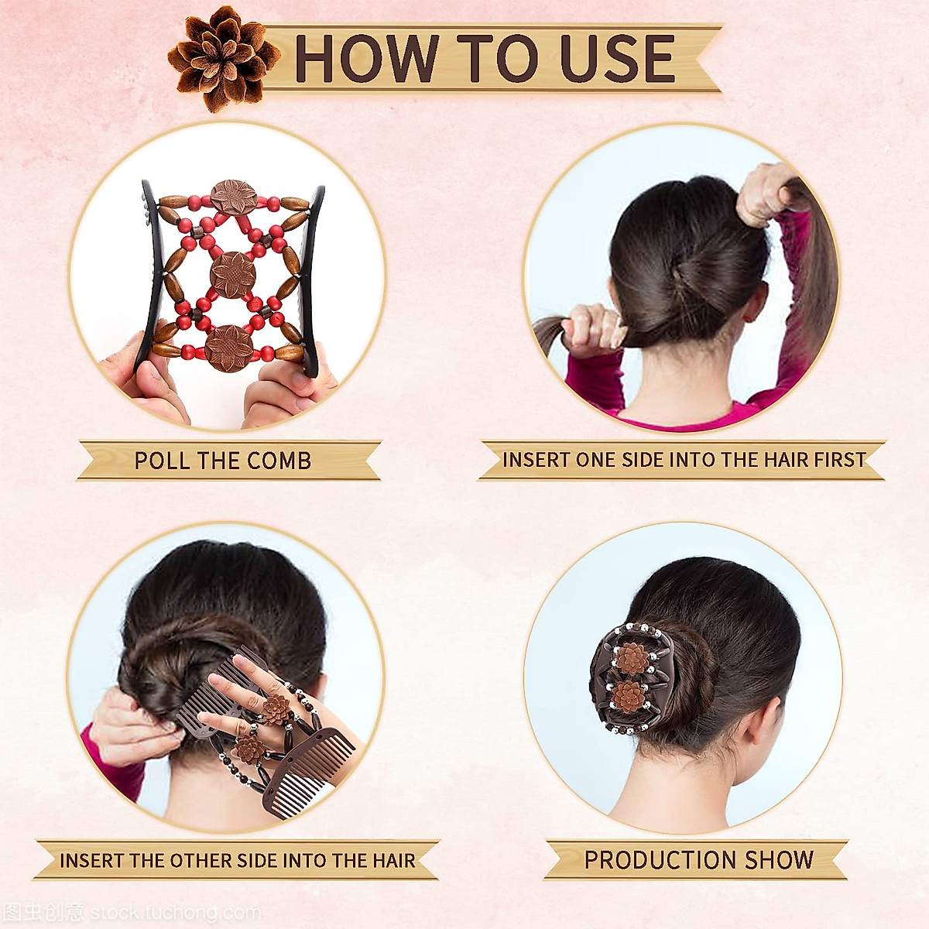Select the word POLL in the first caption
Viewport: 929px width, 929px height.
pyautogui.click(x=161, y=461)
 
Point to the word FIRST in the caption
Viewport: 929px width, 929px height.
pyautogui.click(x=839, y=460)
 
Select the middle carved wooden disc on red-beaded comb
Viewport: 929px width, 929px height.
pyautogui.click(x=233, y=273)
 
